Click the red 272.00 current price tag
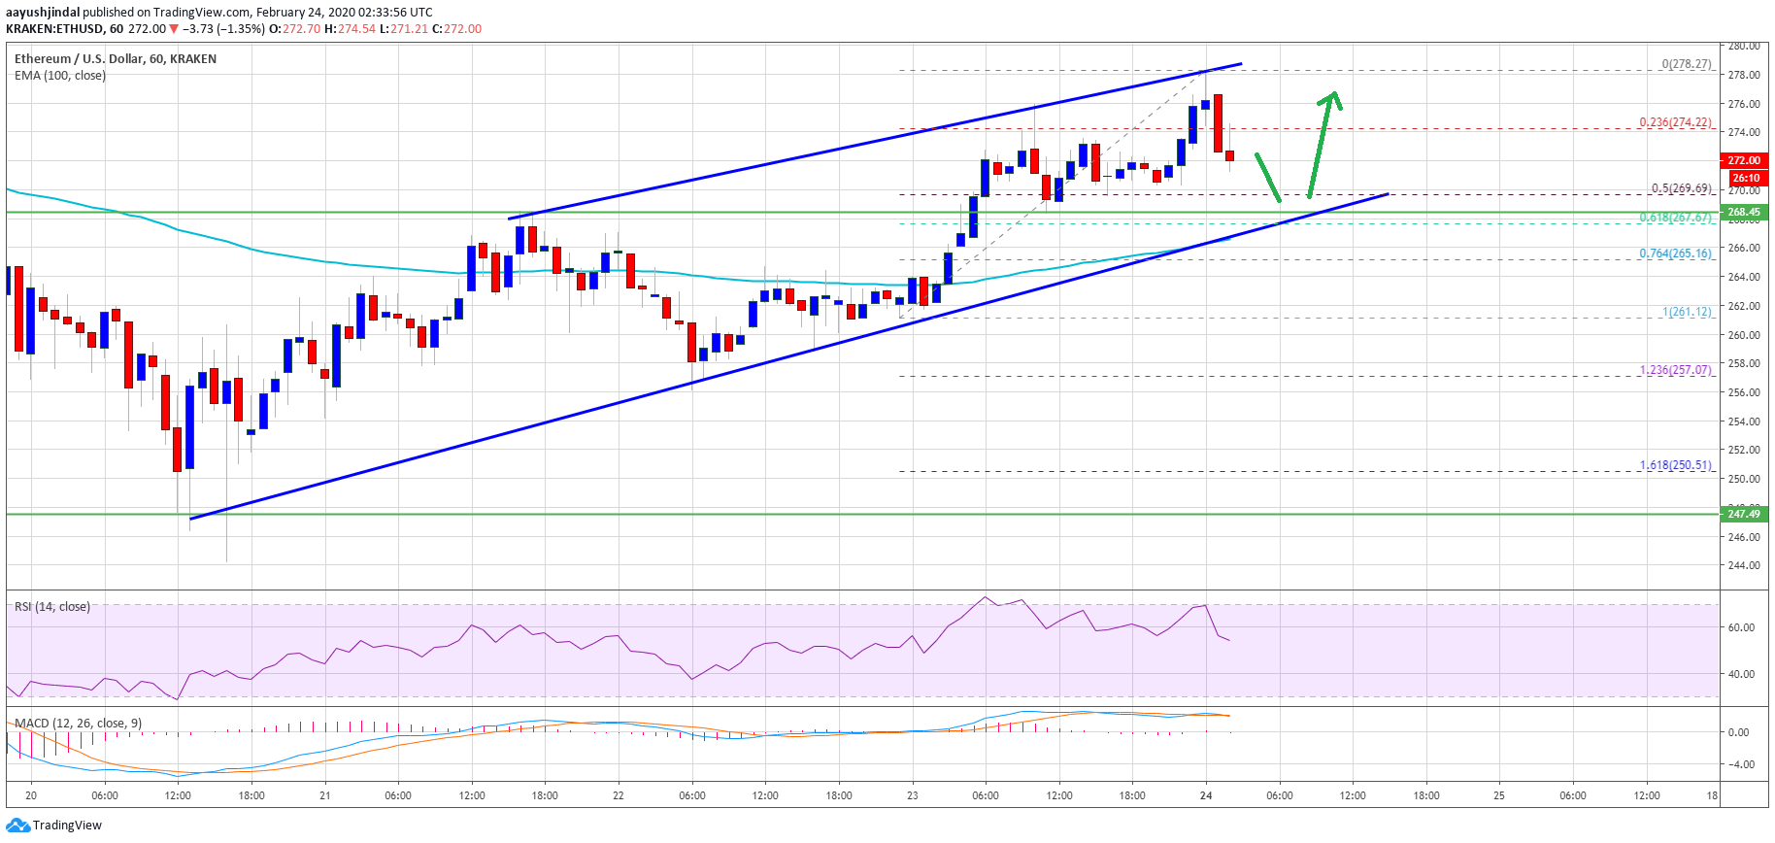tap(1743, 160)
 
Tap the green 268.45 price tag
tap(1743, 212)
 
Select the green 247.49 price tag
tap(1743, 514)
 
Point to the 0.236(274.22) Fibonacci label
tap(1675, 122)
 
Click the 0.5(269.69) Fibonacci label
tap(1681, 188)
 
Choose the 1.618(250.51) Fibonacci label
tap(1675, 465)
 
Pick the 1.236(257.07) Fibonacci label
tap(1675, 370)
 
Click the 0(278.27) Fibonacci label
tap(1687, 64)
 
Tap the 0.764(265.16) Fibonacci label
tap(1675, 253)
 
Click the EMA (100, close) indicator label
tap(60, 76)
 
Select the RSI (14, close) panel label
tap(52, 607)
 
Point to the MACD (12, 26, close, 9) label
tap(78, 724)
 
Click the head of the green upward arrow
tap(1333, 95)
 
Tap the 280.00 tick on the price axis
tap(1744, 46)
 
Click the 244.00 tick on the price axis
tap(1744, 565)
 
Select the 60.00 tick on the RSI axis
tap(1741, 627)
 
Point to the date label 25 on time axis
tap(1499, 795)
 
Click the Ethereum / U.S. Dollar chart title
tap(116, 59)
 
